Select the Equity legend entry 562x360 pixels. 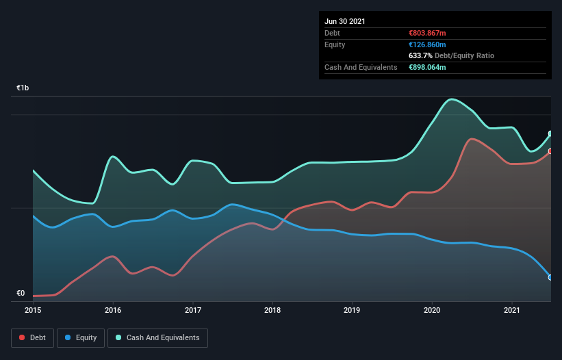click(81, 337)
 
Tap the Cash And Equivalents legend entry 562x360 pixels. click(157, 337)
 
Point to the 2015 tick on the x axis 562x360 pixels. click(33, 310)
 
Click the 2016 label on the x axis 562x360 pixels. click(113, 310)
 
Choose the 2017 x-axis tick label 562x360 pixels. click(193, 310)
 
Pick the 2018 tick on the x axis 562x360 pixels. click(272, 310)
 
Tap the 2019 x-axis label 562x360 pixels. click(353, 310)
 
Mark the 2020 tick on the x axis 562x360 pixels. click(432, 310)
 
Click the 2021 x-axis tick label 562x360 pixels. click(512, 310)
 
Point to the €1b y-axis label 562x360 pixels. click(23, 88)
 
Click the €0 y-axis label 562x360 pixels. click(21, 294)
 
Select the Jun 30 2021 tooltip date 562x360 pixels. click(345, 21)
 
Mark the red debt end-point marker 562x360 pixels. click(550, 151)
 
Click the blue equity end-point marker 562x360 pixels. click(550, 277)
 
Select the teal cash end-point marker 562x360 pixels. click(550, 134)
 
